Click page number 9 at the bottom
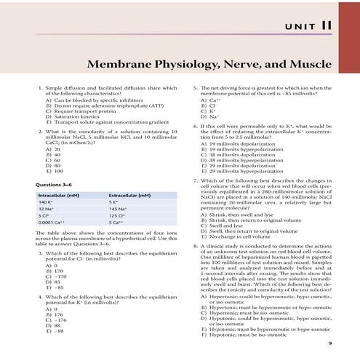(329, 343)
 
